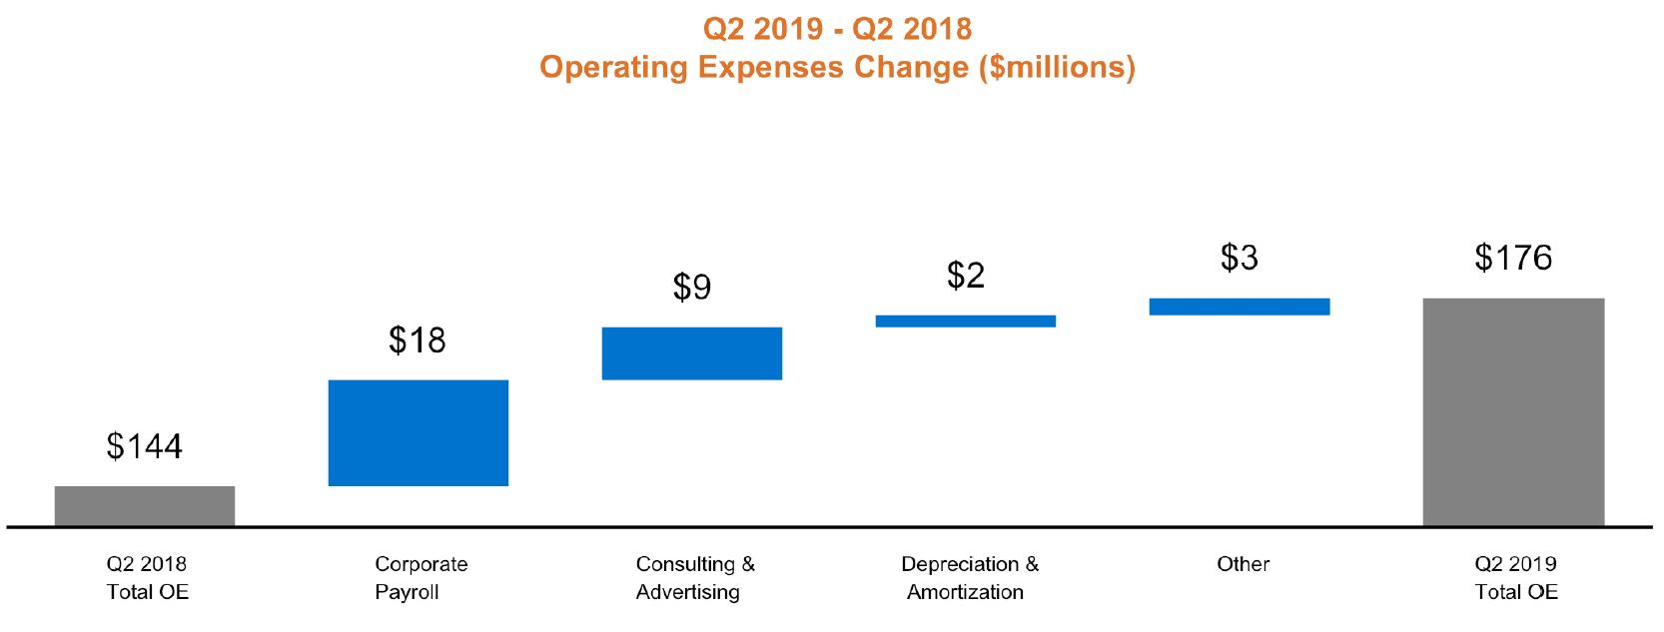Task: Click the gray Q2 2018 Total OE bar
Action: click(x=145, y=505)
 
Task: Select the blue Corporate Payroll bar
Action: click(x=418, y=432)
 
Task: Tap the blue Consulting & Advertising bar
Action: click(x=692, y=353)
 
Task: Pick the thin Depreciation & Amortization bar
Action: click(x=966, y=321)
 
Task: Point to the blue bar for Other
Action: click(x=1240, y=307)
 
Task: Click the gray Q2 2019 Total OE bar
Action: click(x=1513, y=411)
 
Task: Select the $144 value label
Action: click(x=145, y=446)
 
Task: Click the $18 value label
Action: click(x=417, y=340)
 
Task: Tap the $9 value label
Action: click(x=692, y=288)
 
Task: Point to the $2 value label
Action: click(x=966, y=276)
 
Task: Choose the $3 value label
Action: click(x=1240, y=258)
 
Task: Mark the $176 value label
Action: click(x=1513, y=258)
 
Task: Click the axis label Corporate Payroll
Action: click(x=420, y=578)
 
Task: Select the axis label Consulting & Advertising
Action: click(x=694, y=578)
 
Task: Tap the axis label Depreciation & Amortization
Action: click(x=969, y=578)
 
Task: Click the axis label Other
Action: click(x=1243, y=564)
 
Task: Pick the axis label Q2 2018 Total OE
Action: click(x=147, y=578)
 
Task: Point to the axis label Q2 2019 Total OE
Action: click(x=1515, y=578)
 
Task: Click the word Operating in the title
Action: click(x=614, y=67)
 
